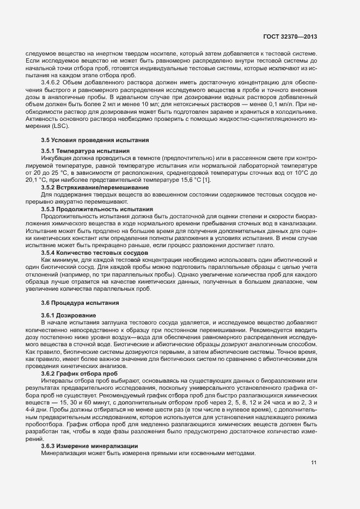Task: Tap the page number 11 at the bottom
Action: (314, 463)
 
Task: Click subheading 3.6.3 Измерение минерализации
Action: (84, 446)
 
